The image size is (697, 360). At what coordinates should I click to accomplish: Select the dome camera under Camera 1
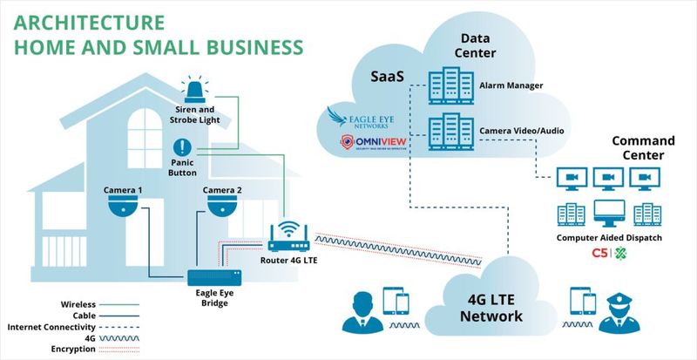point(123,207)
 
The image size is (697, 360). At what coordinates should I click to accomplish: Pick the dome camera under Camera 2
point(222,207)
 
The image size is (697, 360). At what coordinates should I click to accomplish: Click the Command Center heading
point(644,148)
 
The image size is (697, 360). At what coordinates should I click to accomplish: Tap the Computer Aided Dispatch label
point(608,237)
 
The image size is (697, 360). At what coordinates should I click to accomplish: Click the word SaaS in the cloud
point(387,78)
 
